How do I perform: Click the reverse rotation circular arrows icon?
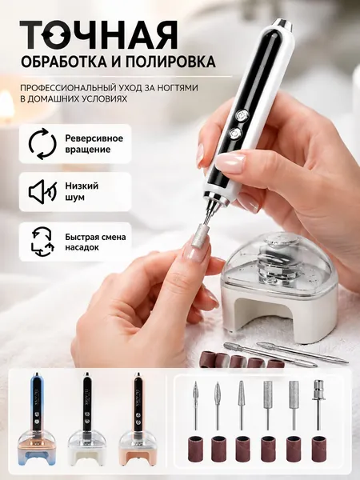(x=42, y=143)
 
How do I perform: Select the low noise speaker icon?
(x=42, y=192)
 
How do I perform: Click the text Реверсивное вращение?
(x=94, y=143)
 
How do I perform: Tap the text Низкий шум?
(x=82, y=192)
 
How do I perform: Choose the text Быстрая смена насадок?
(x=95, y=242)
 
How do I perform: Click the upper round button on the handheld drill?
(x=242, y=116)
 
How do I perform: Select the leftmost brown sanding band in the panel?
(x=194, y=446)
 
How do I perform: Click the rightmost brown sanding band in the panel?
(x=318, y=446)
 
